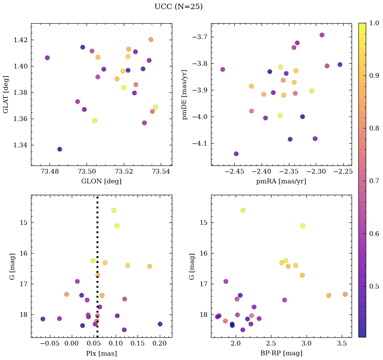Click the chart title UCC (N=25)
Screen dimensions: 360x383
click(x=178, y=7)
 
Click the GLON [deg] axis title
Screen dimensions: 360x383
click(x=101, y=181)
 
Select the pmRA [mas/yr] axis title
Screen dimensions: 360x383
click(x=281, y=181)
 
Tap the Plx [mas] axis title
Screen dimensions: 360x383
click(x=101, y=353)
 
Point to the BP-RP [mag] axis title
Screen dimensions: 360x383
click(x=281, y=353)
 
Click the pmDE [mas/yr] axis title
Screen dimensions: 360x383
click(x=185, y=94)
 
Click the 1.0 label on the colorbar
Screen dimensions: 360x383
click(x=374, y=23)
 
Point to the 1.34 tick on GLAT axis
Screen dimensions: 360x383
click(x=21, y=145)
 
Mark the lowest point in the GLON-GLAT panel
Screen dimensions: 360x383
click(x=60, y=149)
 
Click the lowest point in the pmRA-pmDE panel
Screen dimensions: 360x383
click(x=236, y=154)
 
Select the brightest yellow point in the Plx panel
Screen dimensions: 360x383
click(x=114, y=210)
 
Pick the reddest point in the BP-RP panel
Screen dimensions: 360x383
click(x=345, y=294)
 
